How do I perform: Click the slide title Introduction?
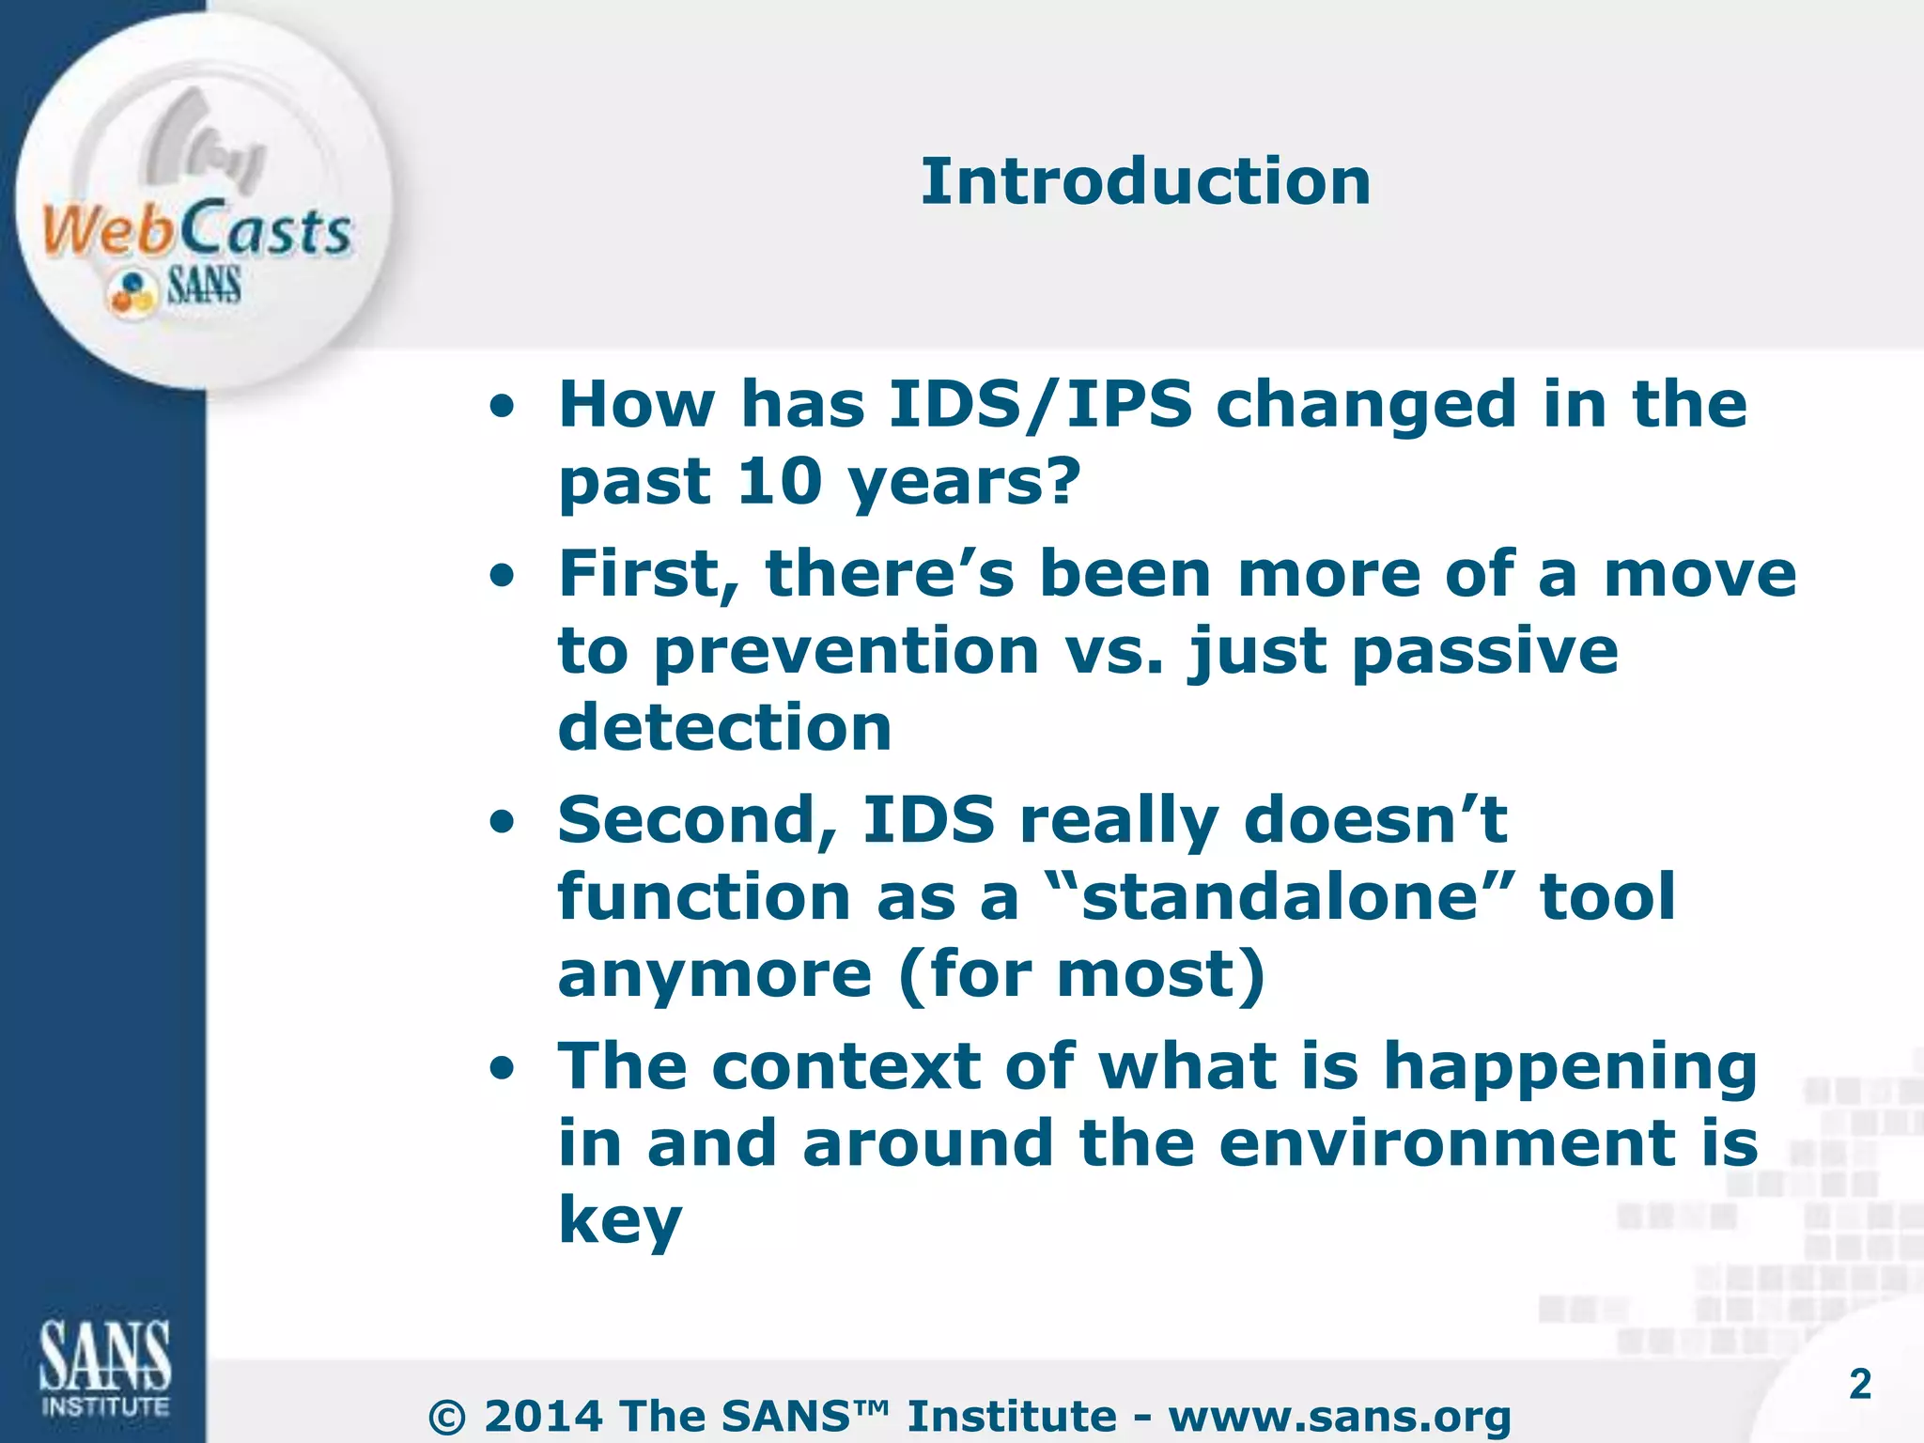click(1145, 181)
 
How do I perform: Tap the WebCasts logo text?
click(197, 230)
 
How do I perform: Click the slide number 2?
click(1859, 1384)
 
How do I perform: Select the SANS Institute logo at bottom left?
click(104, 1368)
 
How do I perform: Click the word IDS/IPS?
click(1040, 405)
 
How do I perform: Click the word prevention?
click(846, 651)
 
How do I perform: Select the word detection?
click(724, 728)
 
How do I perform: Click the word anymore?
click(715, 974)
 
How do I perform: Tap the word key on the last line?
click(620, 1221)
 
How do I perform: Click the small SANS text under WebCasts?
click(204, 286)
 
